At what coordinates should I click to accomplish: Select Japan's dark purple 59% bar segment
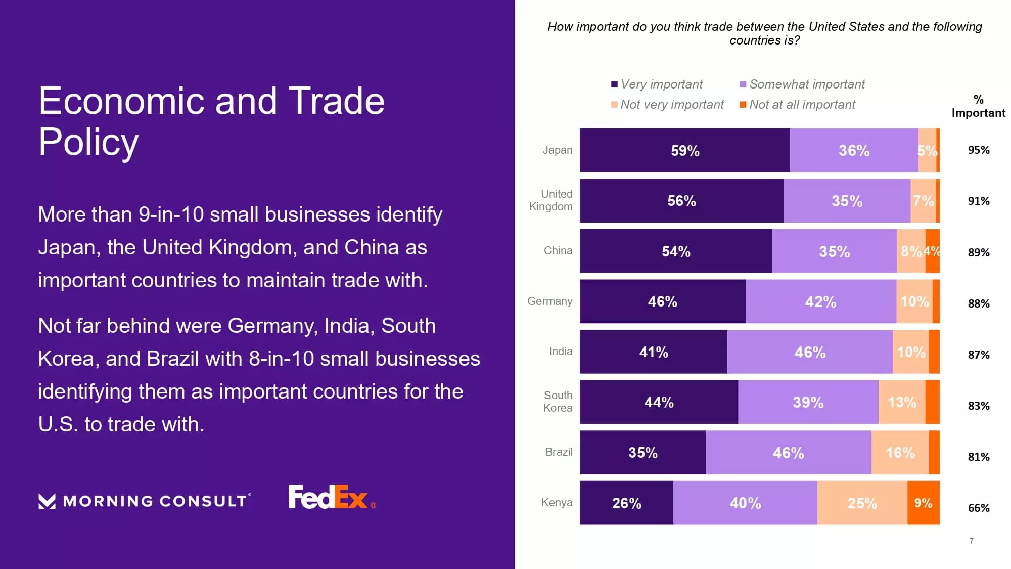(x=684, y=150)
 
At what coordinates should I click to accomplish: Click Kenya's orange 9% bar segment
(x=923, y=503)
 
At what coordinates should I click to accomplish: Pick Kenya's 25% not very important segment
(x=862, y=503)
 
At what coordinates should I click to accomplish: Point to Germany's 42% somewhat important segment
(x=820, y=301)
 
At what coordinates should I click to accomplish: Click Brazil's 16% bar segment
(x=900, y=453)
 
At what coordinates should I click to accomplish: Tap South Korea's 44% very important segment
(x=659, y=402)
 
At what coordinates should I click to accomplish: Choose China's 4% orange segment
(x=933, y=251)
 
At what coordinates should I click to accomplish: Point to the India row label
(x=561, y=351)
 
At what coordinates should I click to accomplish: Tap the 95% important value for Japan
(x=978, y=150)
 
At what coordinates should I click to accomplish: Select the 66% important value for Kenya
(x=978, y=508)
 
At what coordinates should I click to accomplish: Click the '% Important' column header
(x=978, y=106)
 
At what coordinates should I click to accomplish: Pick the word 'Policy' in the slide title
(x=88, y=142)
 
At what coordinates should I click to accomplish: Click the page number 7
(x=971, y=541)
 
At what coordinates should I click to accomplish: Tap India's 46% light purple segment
(x=810, y=352)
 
